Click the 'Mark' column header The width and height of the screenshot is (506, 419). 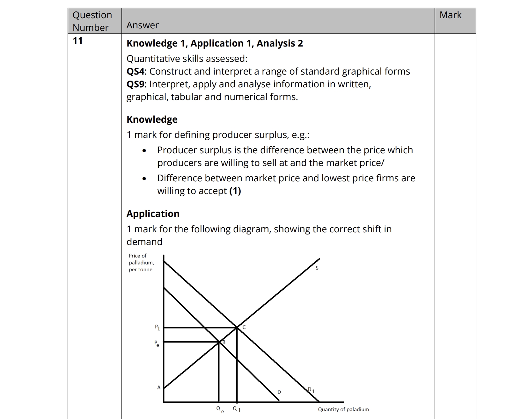pyautogui.click(x=450, y=15)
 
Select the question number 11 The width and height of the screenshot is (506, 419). pyautogui.click(x=77, y=41)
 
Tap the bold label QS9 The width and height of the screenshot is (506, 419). pyautogui.click(x=136, y=84)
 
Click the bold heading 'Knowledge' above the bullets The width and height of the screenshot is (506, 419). pyautogui.click(x=152, y=119)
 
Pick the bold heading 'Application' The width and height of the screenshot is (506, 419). pyautogui.click(x=153, y=214)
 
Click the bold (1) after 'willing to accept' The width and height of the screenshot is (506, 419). pyautogui.click(x=235, y=191)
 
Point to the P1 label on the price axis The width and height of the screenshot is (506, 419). pyautogui.click(x=157, y=327)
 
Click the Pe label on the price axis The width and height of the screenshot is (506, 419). pyautogui.click(x=157, y=343)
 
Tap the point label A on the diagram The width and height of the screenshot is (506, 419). pyautogui.click(x=159, y=387)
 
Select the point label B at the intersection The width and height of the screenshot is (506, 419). pyautogui.click(x=224, y=342)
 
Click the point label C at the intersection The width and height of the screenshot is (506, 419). pyautogui.click(x=244, y=327)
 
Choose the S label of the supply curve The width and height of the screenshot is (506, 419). pyautogui.click(x=317, y=268)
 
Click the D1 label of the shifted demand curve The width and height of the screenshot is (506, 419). pyautogui.click(x=311, y=390)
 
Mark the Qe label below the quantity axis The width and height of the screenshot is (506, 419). pyautogui.click(x=220, y=409)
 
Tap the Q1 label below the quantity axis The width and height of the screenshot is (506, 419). pyautogui.click(x=237, y=409)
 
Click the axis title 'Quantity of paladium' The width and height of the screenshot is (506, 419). pyautogui.click(x=343, y=409)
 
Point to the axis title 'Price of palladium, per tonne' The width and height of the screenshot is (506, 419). pyautogui.click(x=141, y=263)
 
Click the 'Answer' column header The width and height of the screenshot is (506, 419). pyautogui.click(x=143, y=25)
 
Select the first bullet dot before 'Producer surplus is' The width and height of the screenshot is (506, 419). pyautogui.click(x=144, y=151)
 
